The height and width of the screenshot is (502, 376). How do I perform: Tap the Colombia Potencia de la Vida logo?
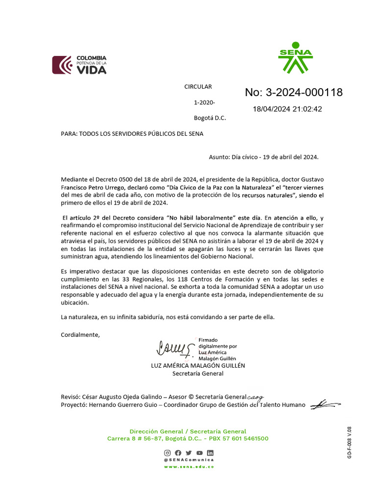click(x=79, y=65)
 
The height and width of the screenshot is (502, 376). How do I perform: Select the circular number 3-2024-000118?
click(x=294, y=93)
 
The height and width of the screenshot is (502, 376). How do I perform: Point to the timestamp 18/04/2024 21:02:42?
click(x=287, y=109)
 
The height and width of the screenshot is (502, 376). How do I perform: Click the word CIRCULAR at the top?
click(x=198, y=87)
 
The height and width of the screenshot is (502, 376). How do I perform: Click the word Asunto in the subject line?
click(x=219, y=157)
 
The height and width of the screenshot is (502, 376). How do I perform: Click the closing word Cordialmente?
click(x=80, y=335)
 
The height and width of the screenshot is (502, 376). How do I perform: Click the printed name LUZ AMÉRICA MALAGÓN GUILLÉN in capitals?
click(x=198, y=365)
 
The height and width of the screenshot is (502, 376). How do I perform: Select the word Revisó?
click(x=70, y=397)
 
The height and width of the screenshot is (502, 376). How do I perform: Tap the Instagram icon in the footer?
click(x=167, y=453)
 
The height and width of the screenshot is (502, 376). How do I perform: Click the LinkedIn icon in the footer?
click(x=210, y=453)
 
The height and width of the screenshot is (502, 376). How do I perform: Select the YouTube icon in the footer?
click(x=199, y=453)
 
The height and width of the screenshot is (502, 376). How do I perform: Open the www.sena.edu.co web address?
click(x=188, y=467)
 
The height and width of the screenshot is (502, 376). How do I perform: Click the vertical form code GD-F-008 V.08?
click(x=350, y=443)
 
